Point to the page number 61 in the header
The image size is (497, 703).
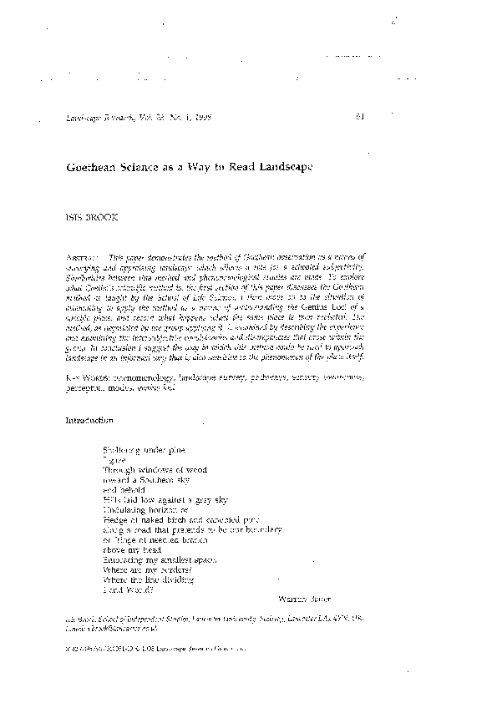(359, 118)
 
